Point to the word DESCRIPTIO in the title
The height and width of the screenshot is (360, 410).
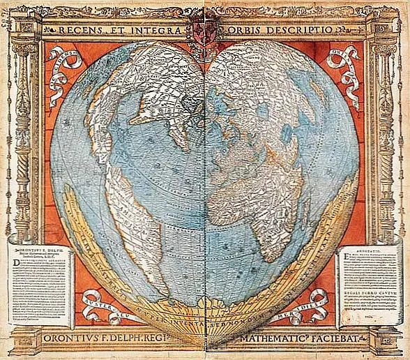(x=302, y=30)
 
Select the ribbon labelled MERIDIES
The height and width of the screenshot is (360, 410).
(x=311, y=301)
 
